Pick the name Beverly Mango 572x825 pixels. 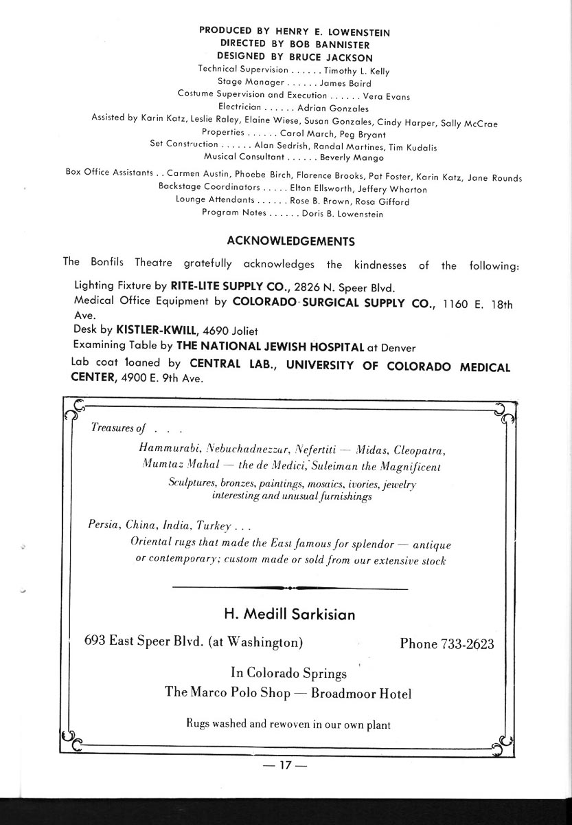click(x=353, y=158)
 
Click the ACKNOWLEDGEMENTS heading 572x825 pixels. click(x=290, y=241)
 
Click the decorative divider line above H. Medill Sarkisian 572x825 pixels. click(x=289, y=588)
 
